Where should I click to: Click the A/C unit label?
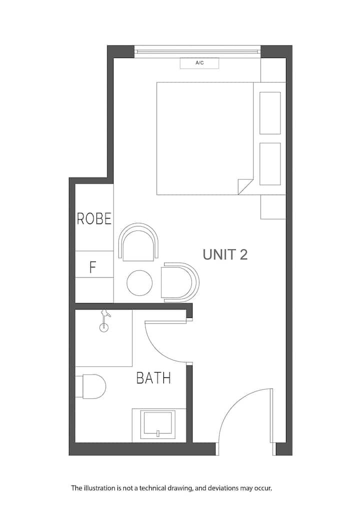(199, 63)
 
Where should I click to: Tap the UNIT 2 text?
(225, 254)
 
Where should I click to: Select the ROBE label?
(94, 219)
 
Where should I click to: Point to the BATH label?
(153, 378)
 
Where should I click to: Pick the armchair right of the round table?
(180, 282)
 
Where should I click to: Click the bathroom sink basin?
(159, 423)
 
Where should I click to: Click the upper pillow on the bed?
(270, 113)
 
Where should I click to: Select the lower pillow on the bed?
(270, 164)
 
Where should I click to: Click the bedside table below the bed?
(273, 207)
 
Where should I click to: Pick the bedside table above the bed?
(273, 70)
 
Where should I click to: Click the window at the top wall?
(197, 51)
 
